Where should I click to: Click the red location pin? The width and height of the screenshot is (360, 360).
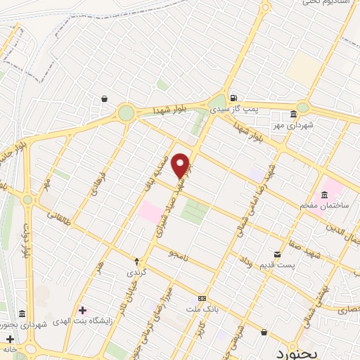[181, 165]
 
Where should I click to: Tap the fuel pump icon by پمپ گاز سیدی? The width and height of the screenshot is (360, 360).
[233, 98]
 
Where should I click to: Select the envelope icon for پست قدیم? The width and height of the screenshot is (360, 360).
[278, 254]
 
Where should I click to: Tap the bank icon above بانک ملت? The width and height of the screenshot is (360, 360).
[202, 298]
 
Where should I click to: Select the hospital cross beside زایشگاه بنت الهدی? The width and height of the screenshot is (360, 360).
[83, 310]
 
